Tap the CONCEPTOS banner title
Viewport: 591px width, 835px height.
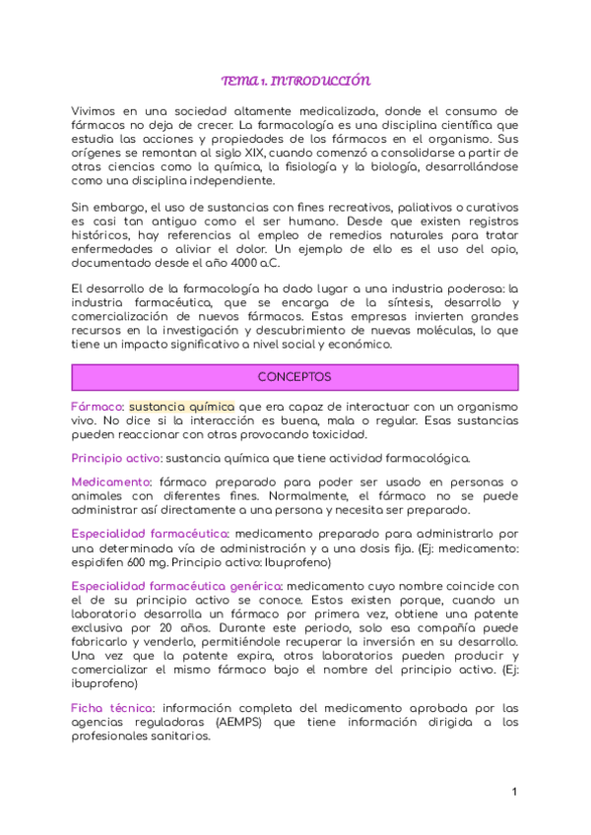(x=295, y=377)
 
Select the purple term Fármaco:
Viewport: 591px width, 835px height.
(x=98, y=407)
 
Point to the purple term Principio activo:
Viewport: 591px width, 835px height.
(x=117, y=458)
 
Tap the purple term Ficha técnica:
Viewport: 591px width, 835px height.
(x=112, y=708)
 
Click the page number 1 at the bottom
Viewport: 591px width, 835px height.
(x=514, y=792)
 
